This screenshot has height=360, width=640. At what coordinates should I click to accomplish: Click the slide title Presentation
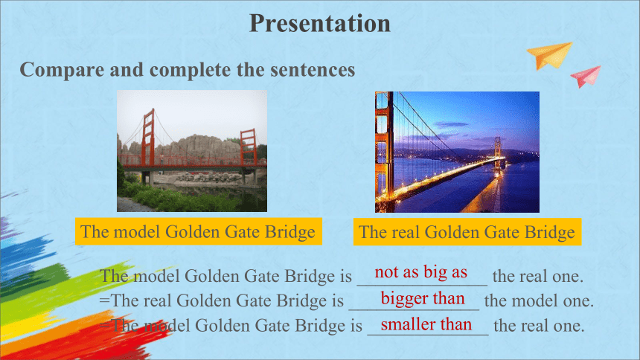(320, 23)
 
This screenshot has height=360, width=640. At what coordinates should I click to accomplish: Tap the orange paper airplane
(549, 55)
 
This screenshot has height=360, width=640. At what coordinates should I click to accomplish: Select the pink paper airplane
(586, 76)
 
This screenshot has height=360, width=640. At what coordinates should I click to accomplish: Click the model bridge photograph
(192, 151)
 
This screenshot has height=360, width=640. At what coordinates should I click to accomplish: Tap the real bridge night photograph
(457, 152)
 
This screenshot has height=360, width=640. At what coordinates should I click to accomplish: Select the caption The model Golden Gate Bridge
(199, 231)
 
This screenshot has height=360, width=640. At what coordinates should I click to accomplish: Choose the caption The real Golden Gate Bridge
(467, 232)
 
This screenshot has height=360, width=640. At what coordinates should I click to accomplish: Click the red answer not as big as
(420, 271)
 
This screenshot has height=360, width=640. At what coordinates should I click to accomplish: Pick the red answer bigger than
(423, 298)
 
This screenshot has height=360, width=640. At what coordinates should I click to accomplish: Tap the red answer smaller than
(426, 324)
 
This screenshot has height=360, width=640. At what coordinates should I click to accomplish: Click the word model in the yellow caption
(136, 232)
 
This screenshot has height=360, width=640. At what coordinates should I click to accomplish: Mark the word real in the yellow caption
(406, 232)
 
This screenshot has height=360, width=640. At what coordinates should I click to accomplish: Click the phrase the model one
(539, 301)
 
